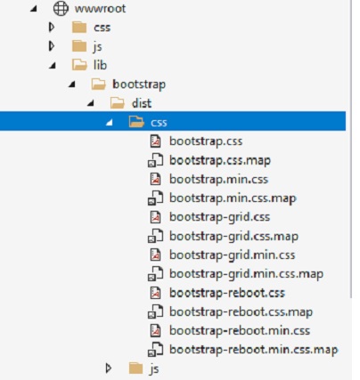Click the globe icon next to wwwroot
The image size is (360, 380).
[x=61, y=8]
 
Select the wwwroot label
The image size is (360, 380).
[x=101, y=9]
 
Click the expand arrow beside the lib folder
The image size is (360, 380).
[x=53, y=66]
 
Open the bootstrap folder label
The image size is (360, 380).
[x=139, y=85]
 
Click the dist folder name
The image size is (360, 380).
[x=142, y=103]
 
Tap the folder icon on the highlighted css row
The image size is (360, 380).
[x=136, y=122]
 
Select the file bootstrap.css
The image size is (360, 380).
[x=206, y=141]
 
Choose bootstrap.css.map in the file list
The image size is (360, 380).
[x=220, y=160]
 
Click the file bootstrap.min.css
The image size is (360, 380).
[x=219, y=179]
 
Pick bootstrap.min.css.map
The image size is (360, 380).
[x=233, y=198]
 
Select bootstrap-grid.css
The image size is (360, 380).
[x=220, y=217]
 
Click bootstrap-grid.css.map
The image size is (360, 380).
[x=233, y=237]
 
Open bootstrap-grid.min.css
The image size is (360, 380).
[x=233, y=255]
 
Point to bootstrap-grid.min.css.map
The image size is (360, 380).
[x=246, y=274]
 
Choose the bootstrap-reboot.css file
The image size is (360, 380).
[x=227, y=293]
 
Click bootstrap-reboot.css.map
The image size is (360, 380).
[x=241, y=312]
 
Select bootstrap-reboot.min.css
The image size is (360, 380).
[x=240, y=331]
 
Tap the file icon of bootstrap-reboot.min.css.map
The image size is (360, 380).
[x=156, y=350]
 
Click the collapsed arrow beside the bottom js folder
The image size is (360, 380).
[x=109, y=368]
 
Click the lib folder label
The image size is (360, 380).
[x=100, y=65]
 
